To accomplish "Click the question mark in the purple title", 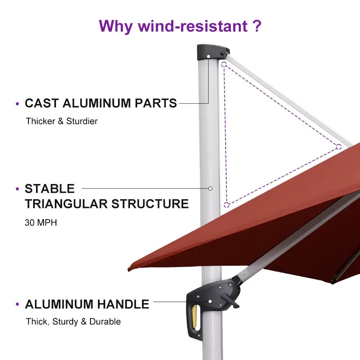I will [x=256, y=26].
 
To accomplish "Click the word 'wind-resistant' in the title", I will [x=192, y=26].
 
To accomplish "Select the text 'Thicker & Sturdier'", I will [x=62, y=121].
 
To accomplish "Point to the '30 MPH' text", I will [x=41, y=223].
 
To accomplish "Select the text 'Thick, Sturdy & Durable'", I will [x=73, y=322].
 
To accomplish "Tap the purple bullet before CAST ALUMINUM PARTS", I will [x=17, y=104].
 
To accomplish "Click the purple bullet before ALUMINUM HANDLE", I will [x=17, y=305].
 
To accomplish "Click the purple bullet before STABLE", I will [x=17, y=189].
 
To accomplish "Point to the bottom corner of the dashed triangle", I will [x=226, y=205].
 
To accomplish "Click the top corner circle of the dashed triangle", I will [x=224, y=64].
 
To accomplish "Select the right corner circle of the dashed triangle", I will [x=338, y=147].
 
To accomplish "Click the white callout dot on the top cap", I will [x=208, y=56].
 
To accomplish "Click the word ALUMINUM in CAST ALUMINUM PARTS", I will [x=96, y=103].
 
